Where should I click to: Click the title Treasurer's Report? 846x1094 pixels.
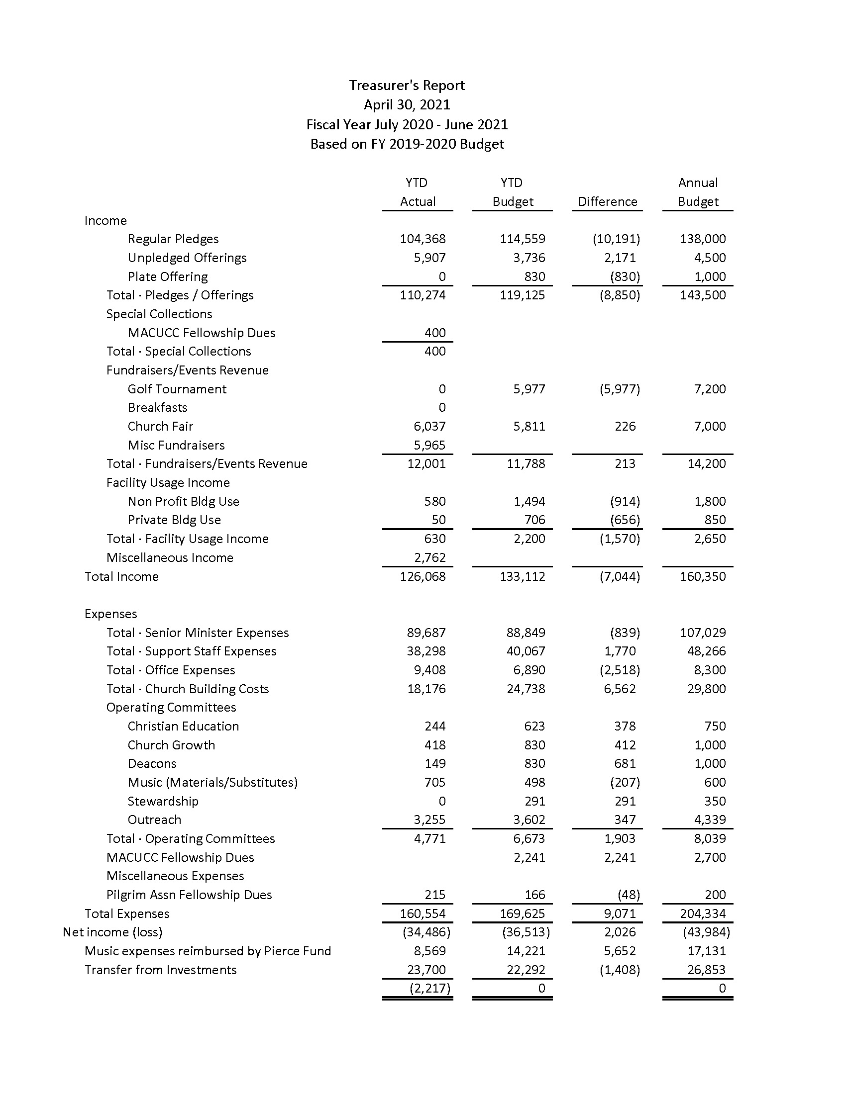pyautogui.click(x=407, y=86)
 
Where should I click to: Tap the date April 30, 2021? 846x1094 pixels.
pyautogui.click(x=407, y=105)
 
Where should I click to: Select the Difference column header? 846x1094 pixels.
pyautogui.click(x=608, y=201)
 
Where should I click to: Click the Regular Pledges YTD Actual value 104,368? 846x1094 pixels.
pyautogui.click(x=423, y=239)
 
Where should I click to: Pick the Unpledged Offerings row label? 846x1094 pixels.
pyautogui.click(x=187, y=258)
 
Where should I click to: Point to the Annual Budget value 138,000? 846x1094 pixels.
pyautogui.click(x=703, y=239)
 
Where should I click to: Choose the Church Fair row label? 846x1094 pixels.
pyautogui.click(x=160, y=426)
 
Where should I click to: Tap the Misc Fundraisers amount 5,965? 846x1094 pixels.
pyautogui.click(x=429, y=446)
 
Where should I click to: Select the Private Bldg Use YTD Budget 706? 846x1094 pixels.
pyautogui.click(x=535, y=520)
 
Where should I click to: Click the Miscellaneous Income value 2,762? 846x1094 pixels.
pyautogui.click(x=429, y=557)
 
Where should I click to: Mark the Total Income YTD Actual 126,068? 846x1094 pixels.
pyautogui.click(x=423, y=576)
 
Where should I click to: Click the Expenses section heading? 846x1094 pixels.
pyautogui.click(x=111, y=614)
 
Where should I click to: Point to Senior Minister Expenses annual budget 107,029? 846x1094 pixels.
pyautogui.click(x=703, y=633)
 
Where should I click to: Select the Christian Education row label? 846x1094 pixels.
pyautogui.click(x=183, y=727)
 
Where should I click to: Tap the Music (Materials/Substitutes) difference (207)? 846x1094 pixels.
pyautogui.click(x=625, y=782)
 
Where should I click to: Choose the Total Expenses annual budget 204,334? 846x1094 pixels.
pyautogui.click(x=703, y=913)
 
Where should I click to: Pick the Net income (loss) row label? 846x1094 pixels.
pyautogui.click(x=113, y=932)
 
